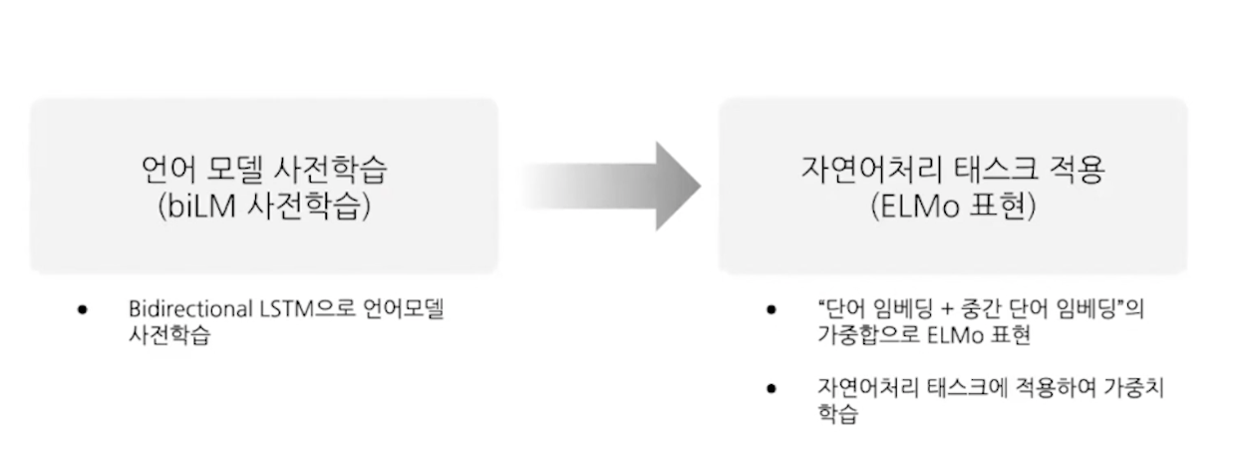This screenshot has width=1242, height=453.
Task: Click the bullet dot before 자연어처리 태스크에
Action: click(771, 388)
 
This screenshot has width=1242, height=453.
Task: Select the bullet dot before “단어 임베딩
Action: click(771, 310)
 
